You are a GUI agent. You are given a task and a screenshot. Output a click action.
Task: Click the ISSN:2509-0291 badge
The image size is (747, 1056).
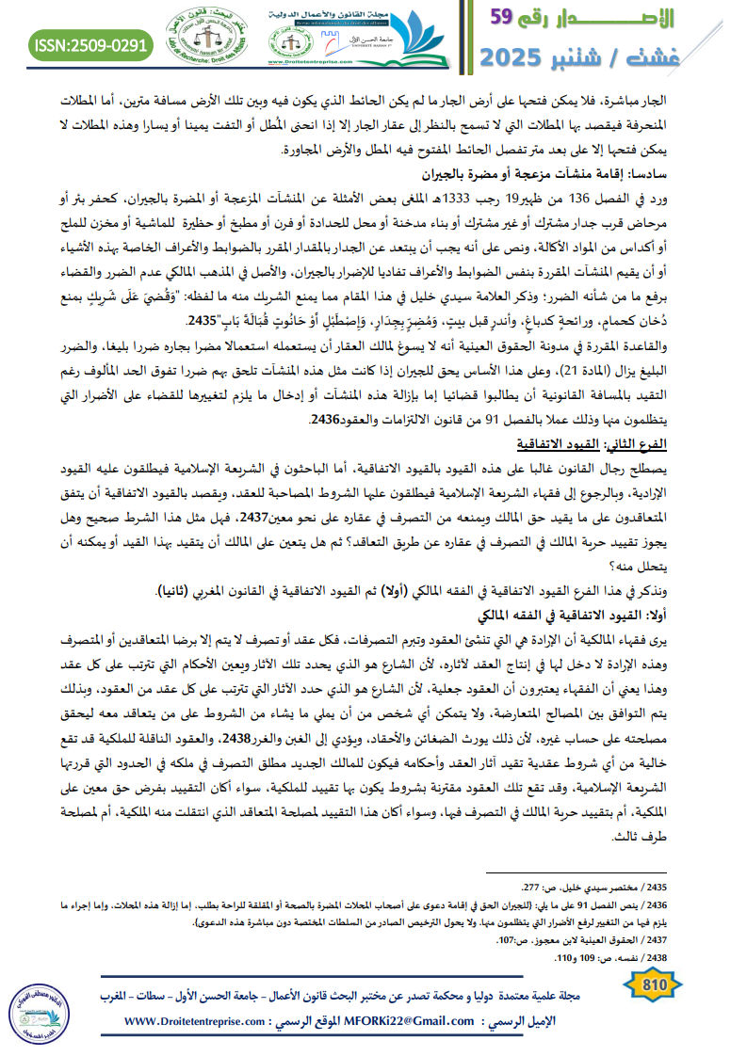(x=90, y=43)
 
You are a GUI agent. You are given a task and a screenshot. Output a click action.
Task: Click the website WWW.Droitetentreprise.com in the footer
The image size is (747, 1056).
(x=197, y=1021)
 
